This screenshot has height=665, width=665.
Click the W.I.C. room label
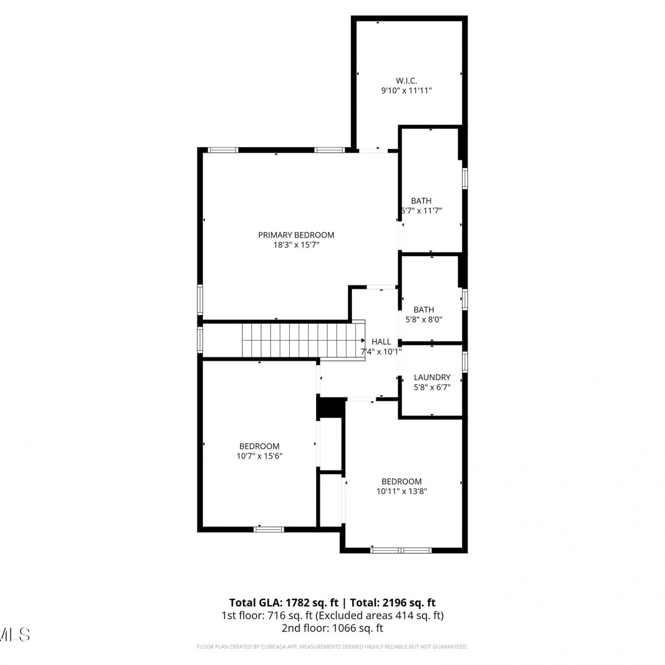click(x=406, y=81)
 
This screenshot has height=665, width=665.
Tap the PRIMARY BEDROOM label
click(x=296, y=235)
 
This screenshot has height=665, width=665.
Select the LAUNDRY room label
click(x=432, y=377)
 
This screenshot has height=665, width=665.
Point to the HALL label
click(x=381, y=341)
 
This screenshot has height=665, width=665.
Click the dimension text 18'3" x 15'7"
click(x=296, y=245)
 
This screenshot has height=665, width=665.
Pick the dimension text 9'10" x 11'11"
click(x=407, y=90)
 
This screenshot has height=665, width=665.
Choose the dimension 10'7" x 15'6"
click(x=259, y=456)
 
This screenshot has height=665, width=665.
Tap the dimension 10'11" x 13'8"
click(x=402, y=491)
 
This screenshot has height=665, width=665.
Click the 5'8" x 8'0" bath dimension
click(x=424, y=319)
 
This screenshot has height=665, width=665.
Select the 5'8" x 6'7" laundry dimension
click(x=432, y=387)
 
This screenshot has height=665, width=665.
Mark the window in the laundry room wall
click(x=465, y=361)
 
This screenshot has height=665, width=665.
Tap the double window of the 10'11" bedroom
click(x=401, y=550)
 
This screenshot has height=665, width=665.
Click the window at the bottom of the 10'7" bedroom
click(x=269, y=529)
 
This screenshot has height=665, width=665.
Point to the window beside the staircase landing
click(x=200, y=340)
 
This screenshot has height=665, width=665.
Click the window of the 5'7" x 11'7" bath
click(x=465, y=178)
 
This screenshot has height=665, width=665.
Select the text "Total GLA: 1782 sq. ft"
click(x=284, y=602)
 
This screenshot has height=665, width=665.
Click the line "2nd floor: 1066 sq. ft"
click(x=332, y=628)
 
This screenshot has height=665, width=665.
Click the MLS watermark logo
click(x=14, y=634)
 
